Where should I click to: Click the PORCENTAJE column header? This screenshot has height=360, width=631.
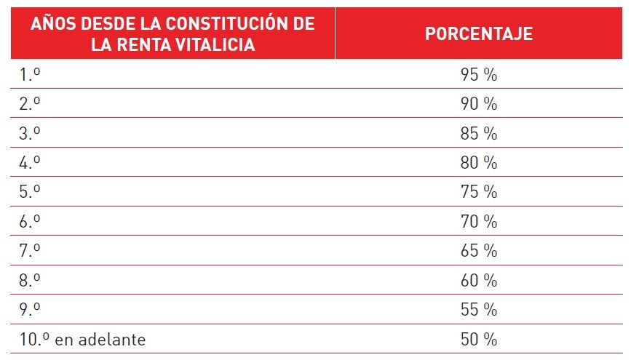[478, 34]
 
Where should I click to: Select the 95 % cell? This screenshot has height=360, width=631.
[478, 75]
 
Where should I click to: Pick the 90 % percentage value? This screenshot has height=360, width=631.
[478, 104]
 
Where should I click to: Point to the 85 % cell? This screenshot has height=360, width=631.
[478, 134]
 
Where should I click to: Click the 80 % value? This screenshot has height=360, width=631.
[478, 163]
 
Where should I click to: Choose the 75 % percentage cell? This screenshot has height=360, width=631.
[478, 192]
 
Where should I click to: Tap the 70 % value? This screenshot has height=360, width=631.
[478, 222]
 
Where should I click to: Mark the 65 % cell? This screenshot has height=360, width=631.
[478, 251]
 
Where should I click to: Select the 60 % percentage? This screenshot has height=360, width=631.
[478, 281]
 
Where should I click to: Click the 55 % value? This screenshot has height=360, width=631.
[478, 310]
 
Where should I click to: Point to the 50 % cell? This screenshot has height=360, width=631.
[478, 340]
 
